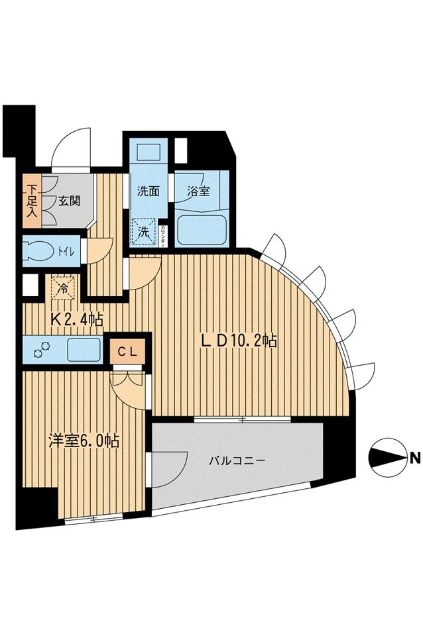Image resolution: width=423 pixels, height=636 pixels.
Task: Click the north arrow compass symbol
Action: coord(386,456)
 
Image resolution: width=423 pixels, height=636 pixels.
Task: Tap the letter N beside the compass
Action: coord(414,457)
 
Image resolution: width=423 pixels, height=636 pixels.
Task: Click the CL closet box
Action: coord(127,351)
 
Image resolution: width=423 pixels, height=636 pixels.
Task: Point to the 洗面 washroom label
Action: coord(148,191)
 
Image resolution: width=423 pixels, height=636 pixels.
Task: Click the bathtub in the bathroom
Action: coord(202,227)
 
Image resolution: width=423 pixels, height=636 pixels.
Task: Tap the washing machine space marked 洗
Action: coord(144,233)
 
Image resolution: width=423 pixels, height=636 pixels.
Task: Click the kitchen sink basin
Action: coord(82,348)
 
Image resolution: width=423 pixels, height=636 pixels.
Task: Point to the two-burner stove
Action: coord(41,349)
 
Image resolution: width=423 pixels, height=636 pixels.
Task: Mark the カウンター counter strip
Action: coord(164,235)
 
